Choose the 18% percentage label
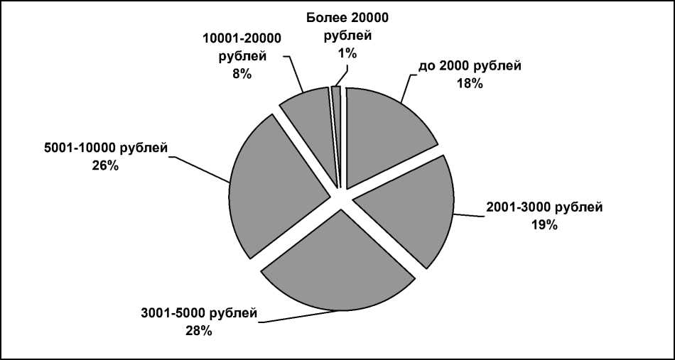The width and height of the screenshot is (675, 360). click(x=470, y=83)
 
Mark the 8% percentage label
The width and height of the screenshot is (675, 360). click(x=242, y=73)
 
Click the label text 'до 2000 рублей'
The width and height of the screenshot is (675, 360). click(x=470, y=66)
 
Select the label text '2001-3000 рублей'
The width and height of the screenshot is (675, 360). click(x=544, y=208)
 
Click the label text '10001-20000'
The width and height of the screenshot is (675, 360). click(x=242, y=39)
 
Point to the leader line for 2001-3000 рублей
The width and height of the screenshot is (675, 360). click(x=468, y=215)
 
